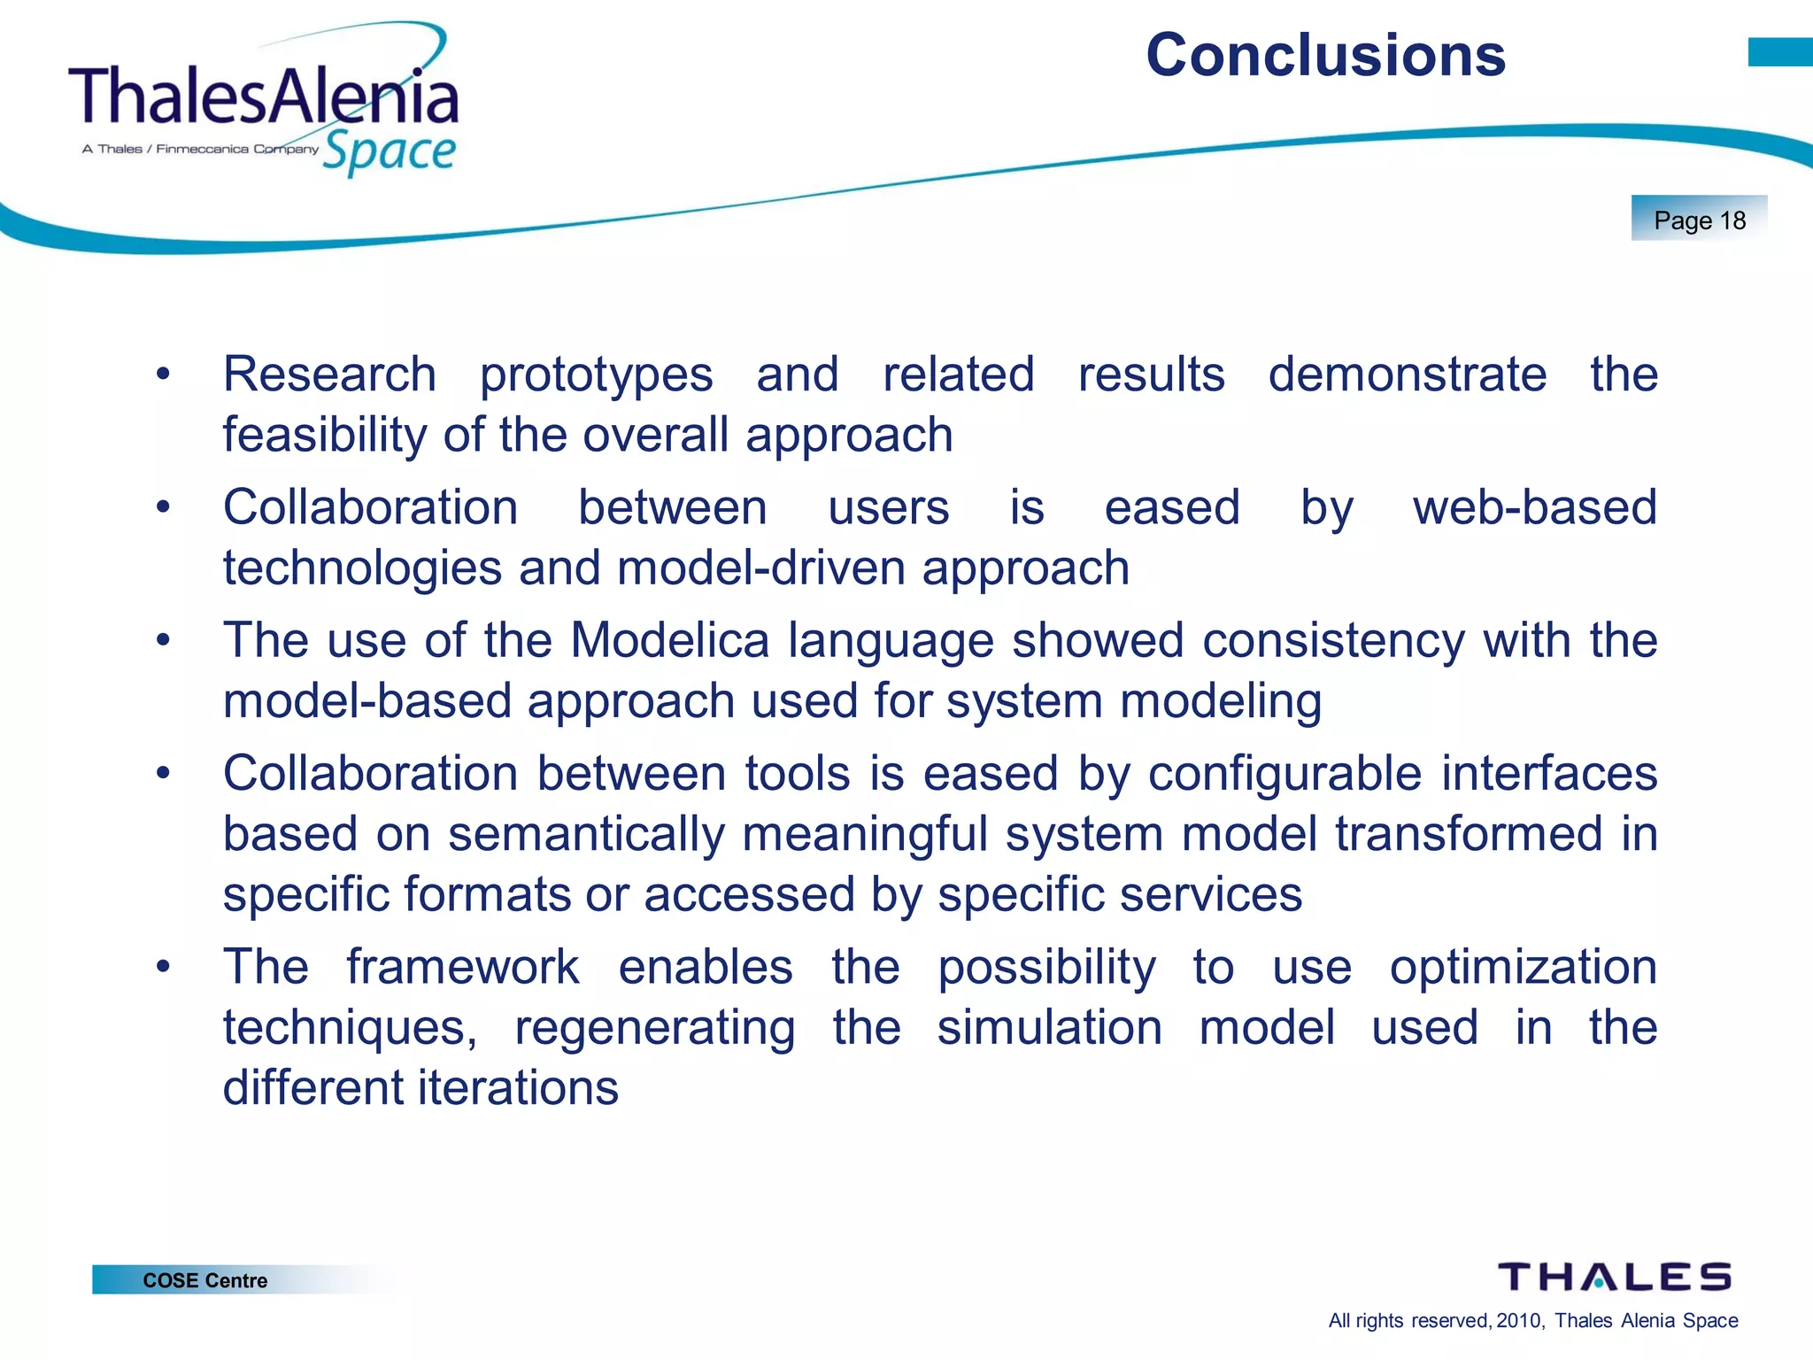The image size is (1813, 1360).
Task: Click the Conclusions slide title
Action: coord(1325,55)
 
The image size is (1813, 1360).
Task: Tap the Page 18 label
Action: coord(1699,220)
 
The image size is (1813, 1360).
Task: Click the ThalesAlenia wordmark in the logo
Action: coord(263,96)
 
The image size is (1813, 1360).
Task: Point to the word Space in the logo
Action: coord(389,152)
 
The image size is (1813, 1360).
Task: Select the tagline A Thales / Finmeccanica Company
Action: coord(200,149)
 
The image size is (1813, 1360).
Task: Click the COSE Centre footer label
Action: coord(204,1280)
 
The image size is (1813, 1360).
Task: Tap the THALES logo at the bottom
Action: coord(1614,1277)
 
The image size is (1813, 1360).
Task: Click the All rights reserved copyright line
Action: coord(1532,1320)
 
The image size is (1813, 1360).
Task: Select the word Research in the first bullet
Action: coord(329,375)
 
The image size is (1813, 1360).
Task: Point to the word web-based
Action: coord(1534,507)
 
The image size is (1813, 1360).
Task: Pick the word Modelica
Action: coord(669,640)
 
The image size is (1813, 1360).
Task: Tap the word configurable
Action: coord(1285,773)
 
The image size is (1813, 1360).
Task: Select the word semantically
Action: coord(586,834)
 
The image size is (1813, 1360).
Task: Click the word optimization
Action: coord(1523,967)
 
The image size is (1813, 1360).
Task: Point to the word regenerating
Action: coord(654,1027)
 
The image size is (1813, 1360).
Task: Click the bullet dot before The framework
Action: coord(163,967)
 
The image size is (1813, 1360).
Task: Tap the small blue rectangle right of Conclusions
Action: coord(1779,52)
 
